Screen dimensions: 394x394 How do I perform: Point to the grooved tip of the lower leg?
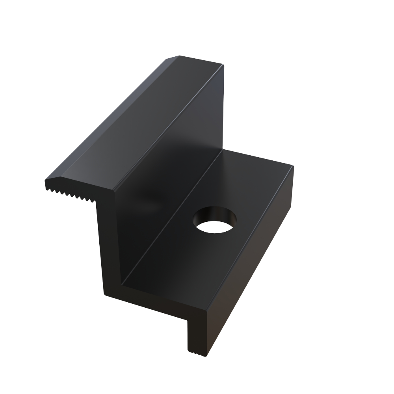[197, 352]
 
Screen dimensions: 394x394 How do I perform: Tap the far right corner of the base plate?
[292, 166]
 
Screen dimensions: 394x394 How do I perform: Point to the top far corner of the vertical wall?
[223, 65]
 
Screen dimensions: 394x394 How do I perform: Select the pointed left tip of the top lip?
[46, 182]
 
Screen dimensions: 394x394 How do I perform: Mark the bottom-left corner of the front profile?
[105, 294]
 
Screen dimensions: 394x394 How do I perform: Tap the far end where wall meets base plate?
[223, 150]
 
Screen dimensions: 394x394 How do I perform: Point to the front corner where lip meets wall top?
[114, 191]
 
